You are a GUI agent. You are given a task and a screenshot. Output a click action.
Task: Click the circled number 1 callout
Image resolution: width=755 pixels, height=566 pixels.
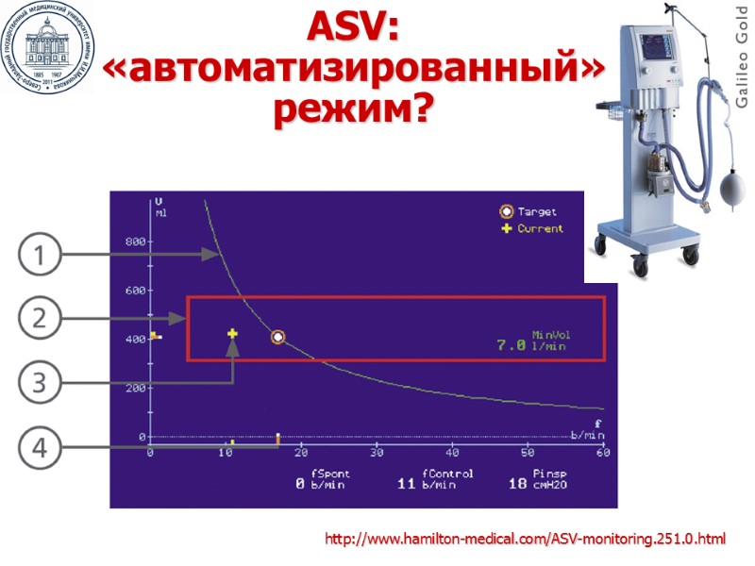click(40, 255)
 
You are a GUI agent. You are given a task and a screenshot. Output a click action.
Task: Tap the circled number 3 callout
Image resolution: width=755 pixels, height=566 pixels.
click(40, 383)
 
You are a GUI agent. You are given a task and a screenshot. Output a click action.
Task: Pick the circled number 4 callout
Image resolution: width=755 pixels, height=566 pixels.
click(40, 448)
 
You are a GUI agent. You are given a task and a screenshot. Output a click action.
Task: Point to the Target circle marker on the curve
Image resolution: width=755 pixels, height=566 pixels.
click(277, 337)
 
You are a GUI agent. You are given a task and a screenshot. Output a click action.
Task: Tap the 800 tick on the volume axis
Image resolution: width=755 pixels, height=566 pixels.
click(135, 241)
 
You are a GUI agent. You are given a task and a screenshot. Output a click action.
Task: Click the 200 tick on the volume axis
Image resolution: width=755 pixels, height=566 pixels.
click(135, 389)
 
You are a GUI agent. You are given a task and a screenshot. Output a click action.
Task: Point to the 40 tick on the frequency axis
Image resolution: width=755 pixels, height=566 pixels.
click(452, 454)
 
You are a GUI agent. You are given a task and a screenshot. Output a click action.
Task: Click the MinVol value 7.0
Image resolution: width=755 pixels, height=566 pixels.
click(511, 346)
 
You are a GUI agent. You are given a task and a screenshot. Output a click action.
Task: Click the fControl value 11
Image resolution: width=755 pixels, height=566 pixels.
click(407, 484)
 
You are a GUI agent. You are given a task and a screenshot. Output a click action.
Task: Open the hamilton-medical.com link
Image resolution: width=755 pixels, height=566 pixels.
click(526, 540)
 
